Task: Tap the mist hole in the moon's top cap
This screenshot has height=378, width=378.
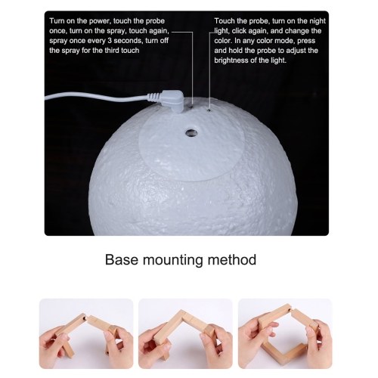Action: [x=191, y=132]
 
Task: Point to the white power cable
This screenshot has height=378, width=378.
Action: [x=97, y=97]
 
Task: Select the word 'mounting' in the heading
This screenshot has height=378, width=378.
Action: [x=172, y=260]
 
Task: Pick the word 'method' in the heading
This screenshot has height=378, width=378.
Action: [x=231, y=259]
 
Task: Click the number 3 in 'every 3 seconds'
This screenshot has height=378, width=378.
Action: [x=109, y=41]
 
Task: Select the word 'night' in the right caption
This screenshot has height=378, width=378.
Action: [x=318, y=21]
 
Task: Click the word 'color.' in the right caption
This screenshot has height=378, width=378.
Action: [x=223, y=41]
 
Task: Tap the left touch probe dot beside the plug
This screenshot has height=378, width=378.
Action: [x=191, y=107]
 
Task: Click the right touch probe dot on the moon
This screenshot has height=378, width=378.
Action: [x=209, y=110]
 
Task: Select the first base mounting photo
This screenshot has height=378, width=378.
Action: [x=86, y=333]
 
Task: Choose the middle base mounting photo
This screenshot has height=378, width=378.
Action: [x=185, y=333]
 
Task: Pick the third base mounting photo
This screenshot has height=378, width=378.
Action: [x=285, y=333]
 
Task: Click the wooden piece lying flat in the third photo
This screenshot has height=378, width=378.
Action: [x=284, y=350]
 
